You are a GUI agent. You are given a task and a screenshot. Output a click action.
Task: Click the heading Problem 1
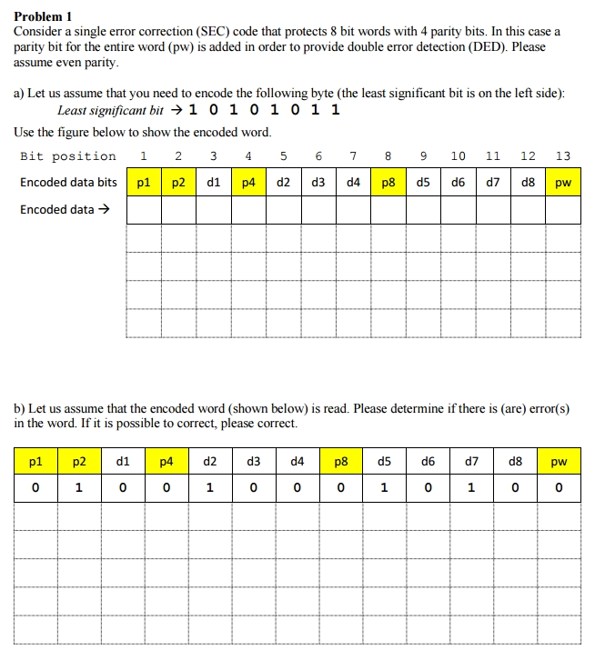point(43,16)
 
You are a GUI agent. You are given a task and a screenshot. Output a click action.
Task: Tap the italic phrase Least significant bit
point(111,111)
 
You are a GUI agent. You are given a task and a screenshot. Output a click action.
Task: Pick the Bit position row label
point(68,156)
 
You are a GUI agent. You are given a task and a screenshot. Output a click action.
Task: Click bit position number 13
point(563,156)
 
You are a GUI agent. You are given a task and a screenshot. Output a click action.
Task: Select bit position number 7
point(353,156)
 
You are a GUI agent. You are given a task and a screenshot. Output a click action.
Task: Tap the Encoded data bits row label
point(68,183)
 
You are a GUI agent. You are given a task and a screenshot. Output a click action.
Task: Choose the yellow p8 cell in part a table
point(388,183)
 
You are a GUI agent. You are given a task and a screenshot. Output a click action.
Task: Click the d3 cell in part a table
point(318,183)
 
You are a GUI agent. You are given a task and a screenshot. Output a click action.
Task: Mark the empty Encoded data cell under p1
point(144,210)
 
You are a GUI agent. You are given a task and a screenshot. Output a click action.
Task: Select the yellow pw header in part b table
point(559,462)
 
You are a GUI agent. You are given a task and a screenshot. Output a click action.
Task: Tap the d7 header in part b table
point(471,462)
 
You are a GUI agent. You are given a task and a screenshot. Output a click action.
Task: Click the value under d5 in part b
point(384,488)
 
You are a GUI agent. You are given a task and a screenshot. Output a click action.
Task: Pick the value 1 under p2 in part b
point(79,488)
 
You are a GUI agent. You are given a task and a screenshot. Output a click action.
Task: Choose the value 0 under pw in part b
point(559,488)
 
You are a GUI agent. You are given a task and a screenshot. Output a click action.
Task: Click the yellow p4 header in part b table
point(166,462)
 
